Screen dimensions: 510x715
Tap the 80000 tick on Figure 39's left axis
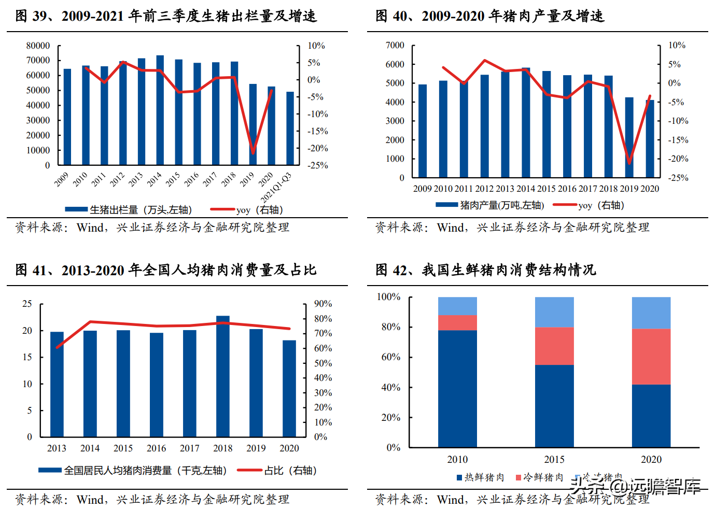click(x=38, y=46)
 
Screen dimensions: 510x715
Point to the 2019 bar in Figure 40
click(x=629, y=138)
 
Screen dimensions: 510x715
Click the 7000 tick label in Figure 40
click(x=395, y=46)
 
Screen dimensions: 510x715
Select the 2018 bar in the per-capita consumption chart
click(x=223, y=376)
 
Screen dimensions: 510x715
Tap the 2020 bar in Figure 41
click(x=289, y=389)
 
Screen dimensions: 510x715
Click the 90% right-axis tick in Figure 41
click(x=323, y=304)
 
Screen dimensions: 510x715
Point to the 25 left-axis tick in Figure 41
click(x=27, y=304)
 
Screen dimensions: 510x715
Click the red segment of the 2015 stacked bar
click(x=554, y=346)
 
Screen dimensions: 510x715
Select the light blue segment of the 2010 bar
click(x=457, y=306)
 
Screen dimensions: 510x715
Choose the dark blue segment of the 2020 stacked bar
click(x=651, y=416)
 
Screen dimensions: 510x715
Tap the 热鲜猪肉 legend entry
click(x=480, y=477)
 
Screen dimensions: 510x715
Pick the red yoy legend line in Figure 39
click(x=223, y=209)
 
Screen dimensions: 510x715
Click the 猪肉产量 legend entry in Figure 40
click(x=490, y=205)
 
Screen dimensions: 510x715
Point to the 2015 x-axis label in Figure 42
click(x=554, y=460)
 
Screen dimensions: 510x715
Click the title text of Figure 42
click(x=486, y=270)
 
